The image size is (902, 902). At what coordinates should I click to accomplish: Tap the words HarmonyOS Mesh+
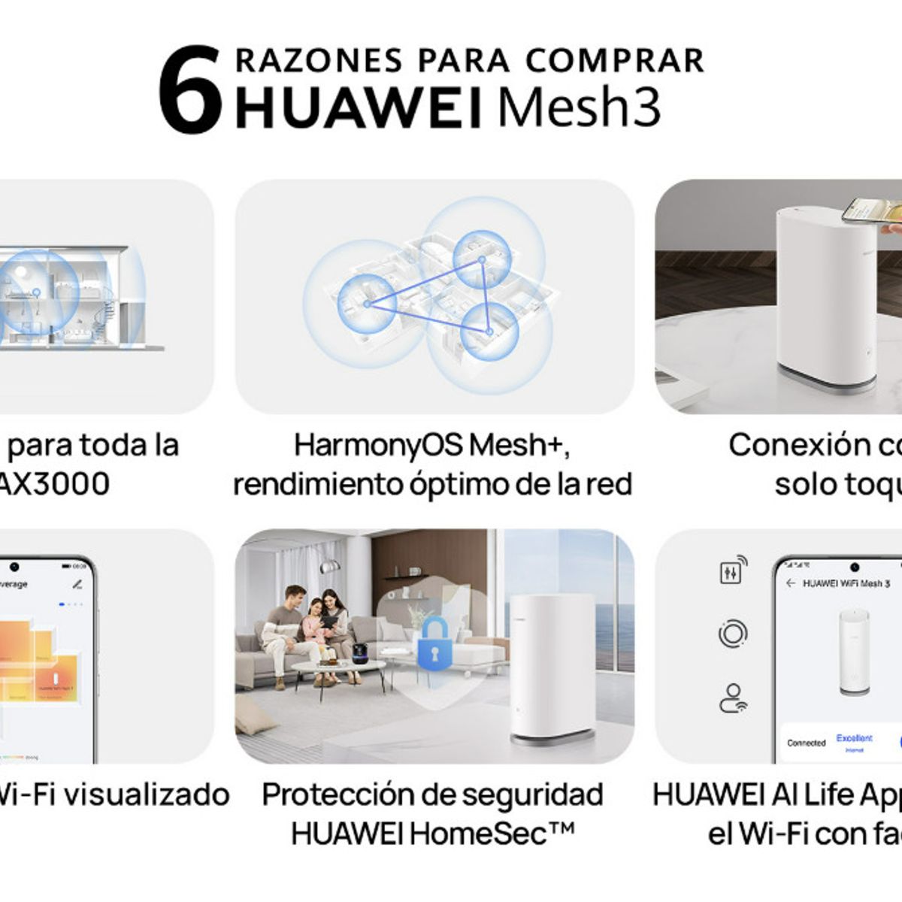pyautogui.click(x=431, y=444)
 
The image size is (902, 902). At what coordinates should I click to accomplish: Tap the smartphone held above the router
pyautogui.click(x=872, y=210)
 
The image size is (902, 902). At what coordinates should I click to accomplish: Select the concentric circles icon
pyautogui.click(x=733, y=634)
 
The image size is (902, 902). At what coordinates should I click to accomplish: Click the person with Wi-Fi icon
pyautogui.click(x=733, y=698)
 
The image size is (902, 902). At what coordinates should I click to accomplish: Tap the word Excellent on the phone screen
pyautogui.click(x=855, y=739)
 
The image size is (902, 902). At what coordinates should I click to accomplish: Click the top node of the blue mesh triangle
pyautogui.click(x=482, y=260)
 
